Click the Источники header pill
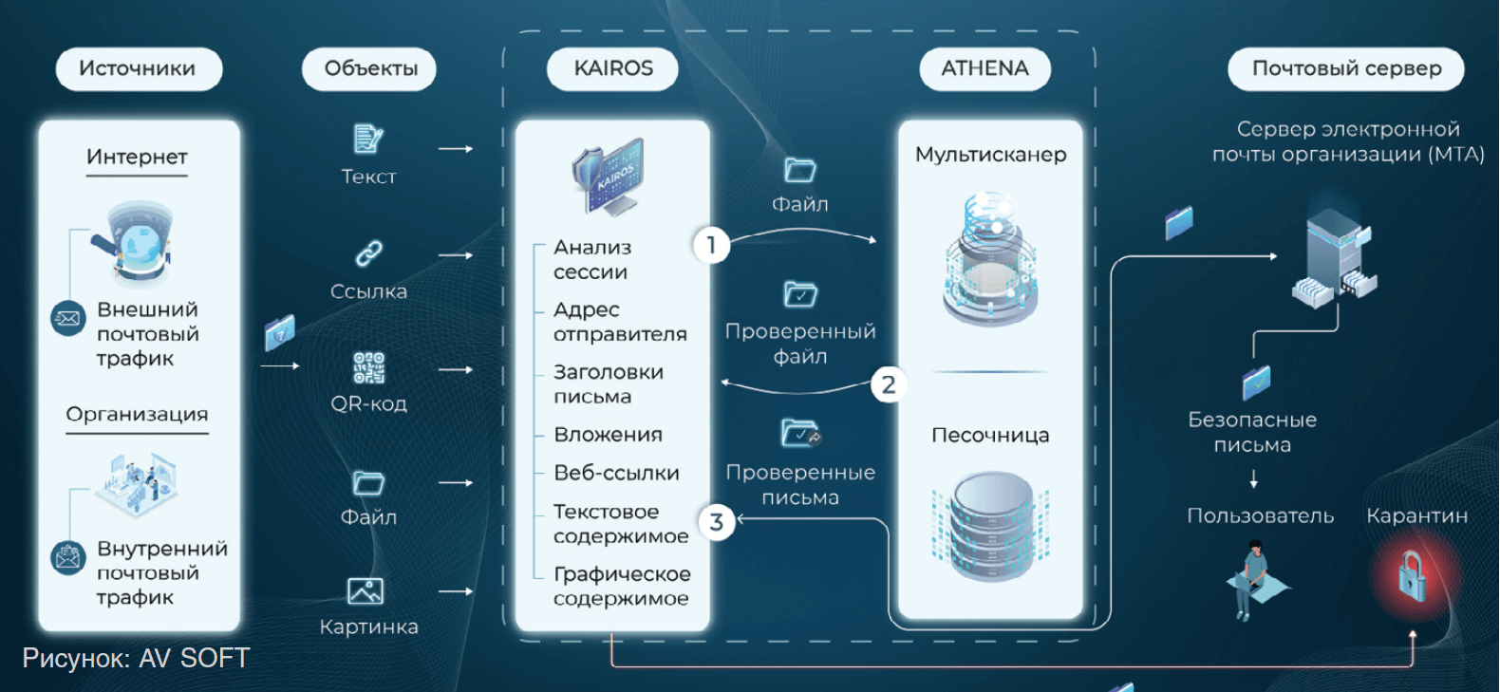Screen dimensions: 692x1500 139,69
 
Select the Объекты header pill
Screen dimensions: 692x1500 369,69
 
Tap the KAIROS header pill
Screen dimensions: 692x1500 612,69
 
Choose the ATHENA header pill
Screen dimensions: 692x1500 984,69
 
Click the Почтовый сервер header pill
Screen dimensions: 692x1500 1345,69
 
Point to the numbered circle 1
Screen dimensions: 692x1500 711,245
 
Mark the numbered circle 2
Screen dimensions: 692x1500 889,384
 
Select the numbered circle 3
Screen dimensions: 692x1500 717,521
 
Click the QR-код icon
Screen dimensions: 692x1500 368,367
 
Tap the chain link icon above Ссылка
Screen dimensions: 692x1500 368,253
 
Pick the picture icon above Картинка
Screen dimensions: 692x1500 366,591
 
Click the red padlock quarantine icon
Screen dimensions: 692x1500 1412,576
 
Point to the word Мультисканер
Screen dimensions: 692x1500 990,155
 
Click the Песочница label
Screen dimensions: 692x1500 990,436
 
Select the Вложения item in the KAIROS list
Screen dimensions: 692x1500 608,435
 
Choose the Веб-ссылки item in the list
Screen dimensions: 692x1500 616,473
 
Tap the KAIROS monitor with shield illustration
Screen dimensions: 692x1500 609,176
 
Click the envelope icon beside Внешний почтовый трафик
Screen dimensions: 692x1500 67,318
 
